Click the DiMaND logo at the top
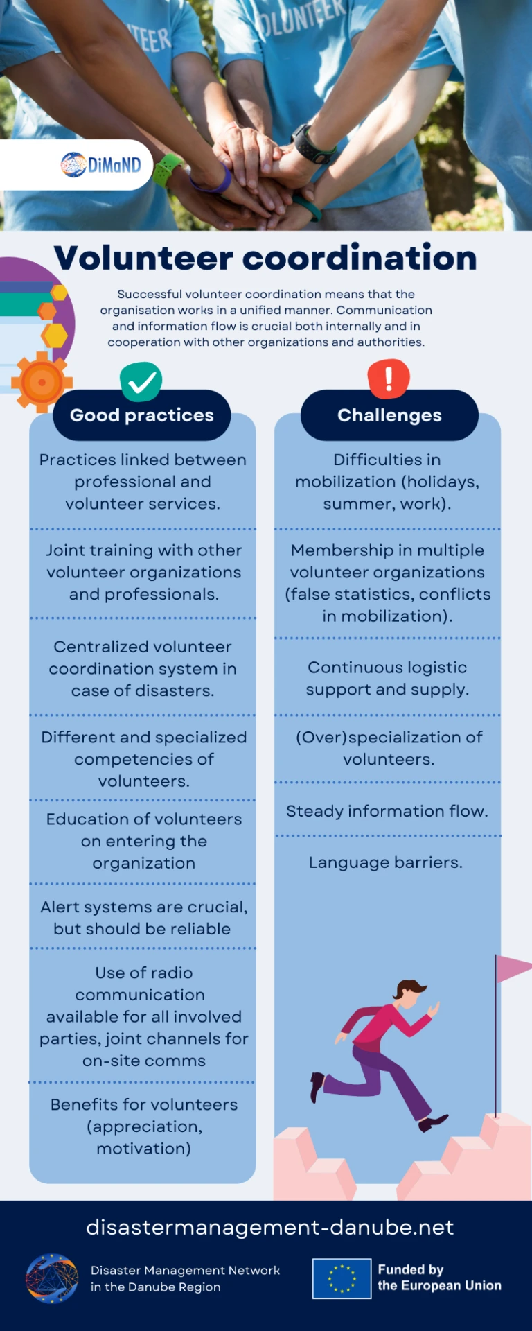[x=101, y=165]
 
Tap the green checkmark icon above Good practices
[x=141, y=381]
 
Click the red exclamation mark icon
[x=389, y=379]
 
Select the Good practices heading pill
[x=142, y=415]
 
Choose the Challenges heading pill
[x=389, y=415]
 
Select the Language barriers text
[x=386, y=862]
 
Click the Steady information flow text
[x=387, y=811]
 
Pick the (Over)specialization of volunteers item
[x=389, y=748]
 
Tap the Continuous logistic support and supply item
[x=387, y=678]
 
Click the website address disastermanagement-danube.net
[x=270, y=1227]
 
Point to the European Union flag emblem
[x=342, y=1278]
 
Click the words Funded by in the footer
[x=411, y=1269]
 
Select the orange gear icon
[x=42, y=382]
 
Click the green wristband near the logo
[x=167, y=170]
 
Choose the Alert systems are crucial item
[x=143, y=918]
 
